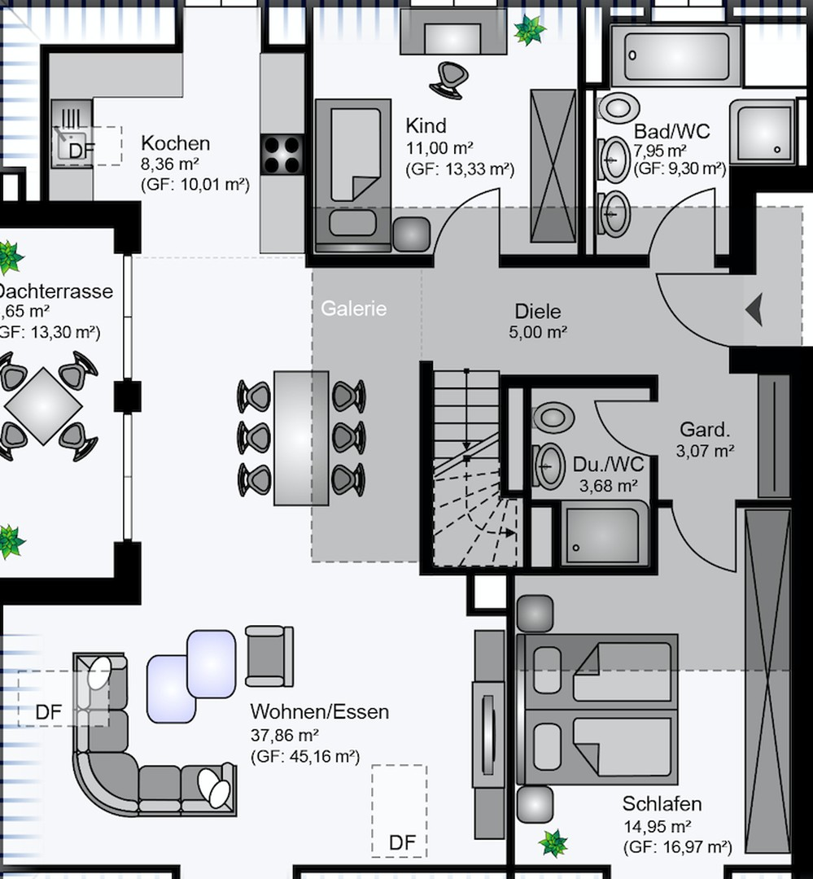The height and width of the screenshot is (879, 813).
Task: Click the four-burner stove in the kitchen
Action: (282, 154)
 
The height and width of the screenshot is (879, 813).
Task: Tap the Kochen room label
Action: (175, 143)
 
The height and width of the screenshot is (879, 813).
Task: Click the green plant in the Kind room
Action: (529, 31)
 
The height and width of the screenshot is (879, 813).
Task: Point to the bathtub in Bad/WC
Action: (675, 56)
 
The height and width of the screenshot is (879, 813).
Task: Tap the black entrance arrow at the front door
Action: (754, 310)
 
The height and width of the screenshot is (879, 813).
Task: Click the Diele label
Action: (538, 312)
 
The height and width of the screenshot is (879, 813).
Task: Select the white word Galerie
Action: (353, 308)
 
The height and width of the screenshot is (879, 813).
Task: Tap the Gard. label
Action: (705, 431)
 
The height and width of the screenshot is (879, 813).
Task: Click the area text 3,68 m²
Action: (608, 486)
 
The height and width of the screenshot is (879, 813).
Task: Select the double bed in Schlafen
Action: (598, 708)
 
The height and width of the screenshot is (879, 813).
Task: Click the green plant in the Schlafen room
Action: (553, 842)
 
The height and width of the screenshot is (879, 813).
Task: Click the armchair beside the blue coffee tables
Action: (269, 655)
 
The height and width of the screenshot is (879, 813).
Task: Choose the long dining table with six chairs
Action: (301, 437)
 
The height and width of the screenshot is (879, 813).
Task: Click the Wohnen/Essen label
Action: (319, 712)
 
